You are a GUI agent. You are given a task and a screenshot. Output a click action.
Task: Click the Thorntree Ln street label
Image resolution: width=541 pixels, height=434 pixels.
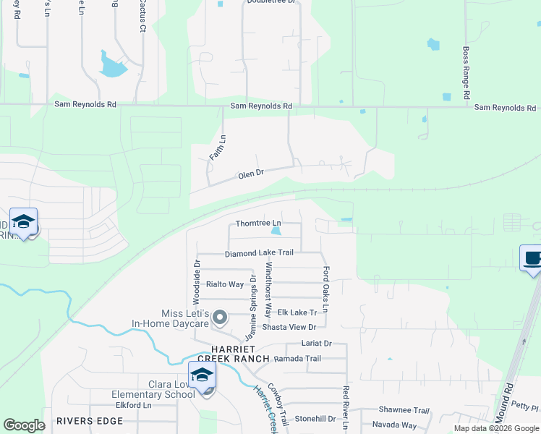tap(258, 223)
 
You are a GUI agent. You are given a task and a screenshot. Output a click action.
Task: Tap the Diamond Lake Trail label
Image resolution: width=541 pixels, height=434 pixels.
tap(259, 253)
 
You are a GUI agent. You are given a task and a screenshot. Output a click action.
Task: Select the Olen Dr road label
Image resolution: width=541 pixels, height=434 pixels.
tap(251, 174)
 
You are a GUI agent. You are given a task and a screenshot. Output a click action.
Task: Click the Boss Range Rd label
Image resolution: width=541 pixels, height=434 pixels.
tap(467, 75)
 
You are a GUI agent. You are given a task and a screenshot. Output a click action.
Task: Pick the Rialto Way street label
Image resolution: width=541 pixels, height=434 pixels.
tap(226, 284)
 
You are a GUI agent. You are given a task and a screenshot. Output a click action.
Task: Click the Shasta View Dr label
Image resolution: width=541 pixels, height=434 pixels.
tap(289, 327)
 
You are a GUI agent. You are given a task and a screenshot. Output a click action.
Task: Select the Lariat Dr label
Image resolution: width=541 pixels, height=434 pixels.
tap(316, 344)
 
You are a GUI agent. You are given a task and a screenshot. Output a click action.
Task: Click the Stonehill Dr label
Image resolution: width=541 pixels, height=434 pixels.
tap(315, 418)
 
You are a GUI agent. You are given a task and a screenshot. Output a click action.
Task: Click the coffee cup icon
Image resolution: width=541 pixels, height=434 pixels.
tap(532, 258)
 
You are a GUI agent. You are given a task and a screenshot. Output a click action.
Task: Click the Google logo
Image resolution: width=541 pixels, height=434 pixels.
tap(23, 425)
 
